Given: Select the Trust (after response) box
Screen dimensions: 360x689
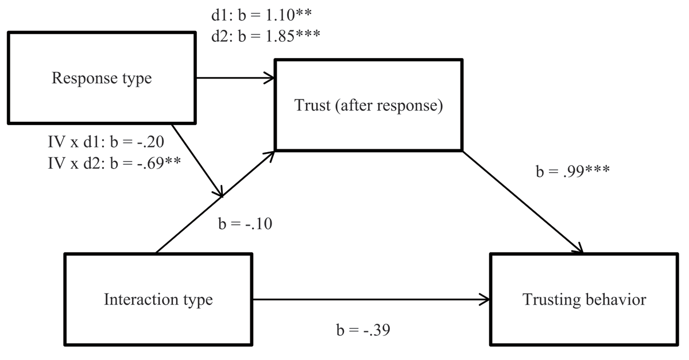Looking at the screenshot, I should click(369, 104).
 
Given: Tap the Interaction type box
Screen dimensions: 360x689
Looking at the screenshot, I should click(158, 299).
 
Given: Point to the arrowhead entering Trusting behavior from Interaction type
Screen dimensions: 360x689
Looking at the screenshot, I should click(486, 299).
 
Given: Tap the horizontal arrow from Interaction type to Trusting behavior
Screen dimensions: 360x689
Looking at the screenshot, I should click(367, 299).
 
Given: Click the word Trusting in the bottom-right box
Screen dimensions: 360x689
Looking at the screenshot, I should click(551, 299).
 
